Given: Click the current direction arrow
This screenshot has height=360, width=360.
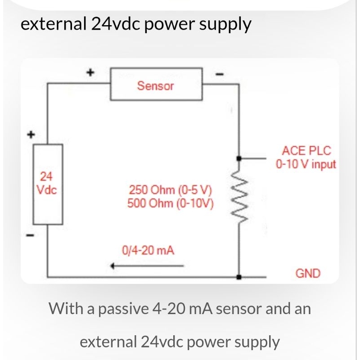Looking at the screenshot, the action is [x=147, y=266].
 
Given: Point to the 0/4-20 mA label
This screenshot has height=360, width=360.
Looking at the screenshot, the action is [x=148, y=250].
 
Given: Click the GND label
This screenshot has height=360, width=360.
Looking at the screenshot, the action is [x=308, y=274].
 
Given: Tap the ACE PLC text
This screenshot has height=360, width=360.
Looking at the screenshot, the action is [x=306, y=151].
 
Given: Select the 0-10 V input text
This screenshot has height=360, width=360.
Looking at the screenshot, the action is [x=306, y=164].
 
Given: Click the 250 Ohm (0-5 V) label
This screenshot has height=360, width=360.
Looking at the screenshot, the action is [x=170, y=190].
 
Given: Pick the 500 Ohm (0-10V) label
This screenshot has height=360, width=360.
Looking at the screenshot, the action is [x=171, y=203].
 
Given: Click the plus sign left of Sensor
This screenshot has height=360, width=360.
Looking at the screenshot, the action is [x=90, y=72].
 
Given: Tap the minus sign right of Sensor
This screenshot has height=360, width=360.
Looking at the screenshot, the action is [x=220, y=74].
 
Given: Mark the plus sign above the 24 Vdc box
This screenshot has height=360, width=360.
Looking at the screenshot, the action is [x=31, y=135].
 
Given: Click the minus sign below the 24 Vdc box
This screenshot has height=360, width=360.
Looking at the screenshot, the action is [x=30, y=235].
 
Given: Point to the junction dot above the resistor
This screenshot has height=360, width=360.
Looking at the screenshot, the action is [x=239, y=158].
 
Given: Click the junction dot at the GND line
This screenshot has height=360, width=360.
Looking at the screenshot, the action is [x=239, y=277].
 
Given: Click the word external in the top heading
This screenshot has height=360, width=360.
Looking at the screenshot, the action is [x=53, y=24].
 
